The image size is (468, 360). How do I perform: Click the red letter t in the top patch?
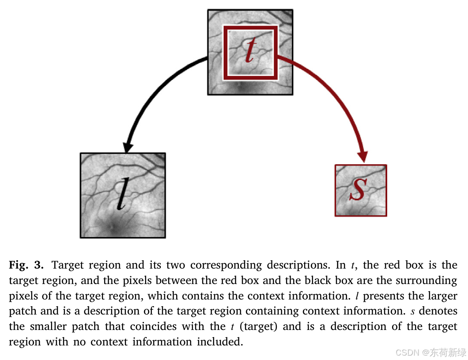tap(250, 49)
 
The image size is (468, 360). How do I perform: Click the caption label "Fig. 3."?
tap(26, 265)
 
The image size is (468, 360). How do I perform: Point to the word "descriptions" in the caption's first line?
tap(298, 265)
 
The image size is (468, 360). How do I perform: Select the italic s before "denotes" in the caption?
tap(413, 312)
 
